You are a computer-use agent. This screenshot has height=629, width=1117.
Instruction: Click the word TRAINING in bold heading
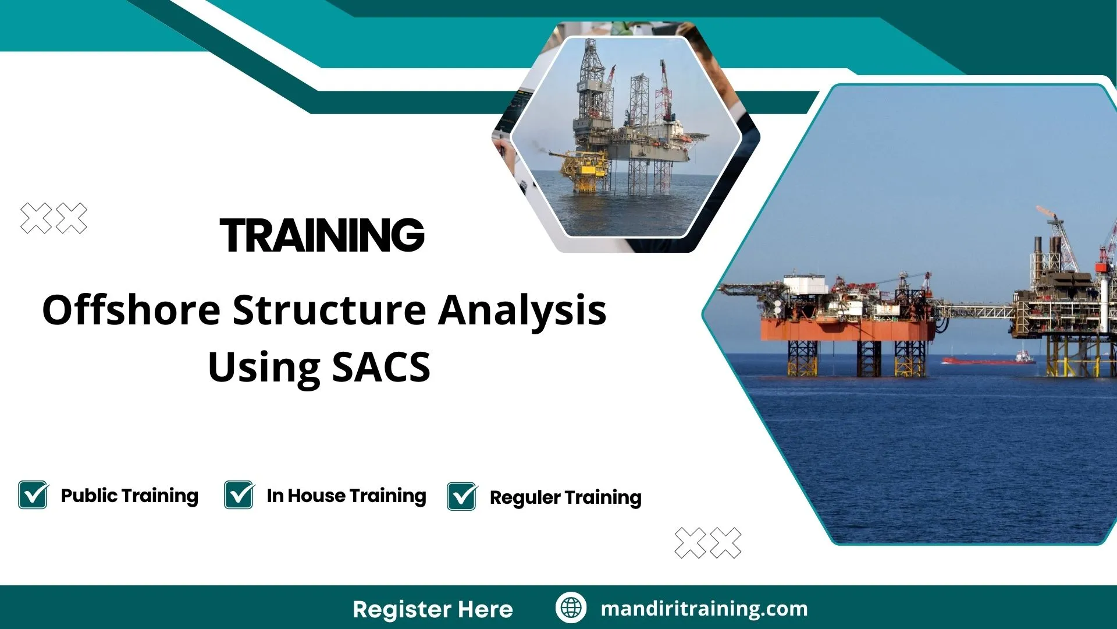322,235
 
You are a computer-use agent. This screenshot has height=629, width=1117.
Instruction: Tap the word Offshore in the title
131,310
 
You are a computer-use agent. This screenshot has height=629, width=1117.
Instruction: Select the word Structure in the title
330,310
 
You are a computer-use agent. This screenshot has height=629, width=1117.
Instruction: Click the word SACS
381,367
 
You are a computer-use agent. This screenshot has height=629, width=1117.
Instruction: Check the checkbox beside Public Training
33,495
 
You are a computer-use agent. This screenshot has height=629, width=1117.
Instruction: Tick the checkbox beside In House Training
239,495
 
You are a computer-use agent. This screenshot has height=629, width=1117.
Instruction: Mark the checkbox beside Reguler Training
462,497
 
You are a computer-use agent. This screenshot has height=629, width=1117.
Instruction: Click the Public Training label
129,496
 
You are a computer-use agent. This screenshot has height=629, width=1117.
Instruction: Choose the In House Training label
346,496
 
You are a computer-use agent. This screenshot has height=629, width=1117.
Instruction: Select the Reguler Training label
565,497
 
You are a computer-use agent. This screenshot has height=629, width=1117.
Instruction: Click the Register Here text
432,609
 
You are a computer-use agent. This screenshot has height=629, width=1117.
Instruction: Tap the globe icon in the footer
571,607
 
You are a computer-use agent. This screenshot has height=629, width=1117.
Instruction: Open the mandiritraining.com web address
704,609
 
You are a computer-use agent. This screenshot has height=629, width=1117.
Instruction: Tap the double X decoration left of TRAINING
54,219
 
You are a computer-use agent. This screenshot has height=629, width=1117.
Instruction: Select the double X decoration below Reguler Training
707,543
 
